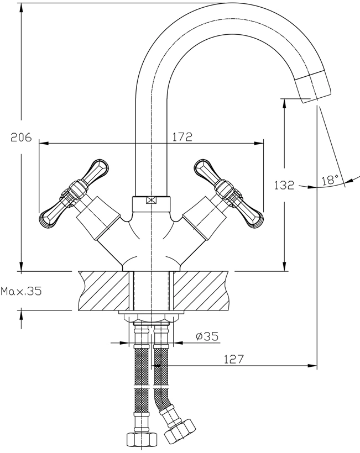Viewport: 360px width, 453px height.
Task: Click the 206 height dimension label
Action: [21, 137]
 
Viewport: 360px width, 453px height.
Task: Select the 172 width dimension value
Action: [182, 136]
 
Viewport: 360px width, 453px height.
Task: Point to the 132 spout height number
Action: [284, 185]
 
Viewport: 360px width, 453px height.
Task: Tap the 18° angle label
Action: [330, 180]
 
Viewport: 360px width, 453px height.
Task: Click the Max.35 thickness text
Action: [21, 291]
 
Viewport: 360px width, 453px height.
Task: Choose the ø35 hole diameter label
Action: [207, 336]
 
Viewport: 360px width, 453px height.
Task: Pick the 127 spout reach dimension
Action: [234, 359]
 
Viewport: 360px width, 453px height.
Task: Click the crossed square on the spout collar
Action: [151, 200]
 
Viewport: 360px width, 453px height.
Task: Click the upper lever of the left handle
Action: [96, 171]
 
